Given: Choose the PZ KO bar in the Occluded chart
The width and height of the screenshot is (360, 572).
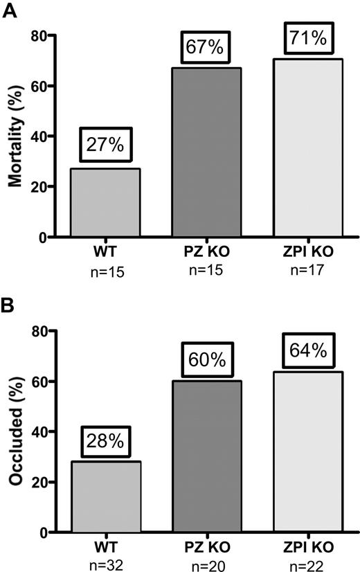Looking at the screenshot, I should (x=207, y=456).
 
